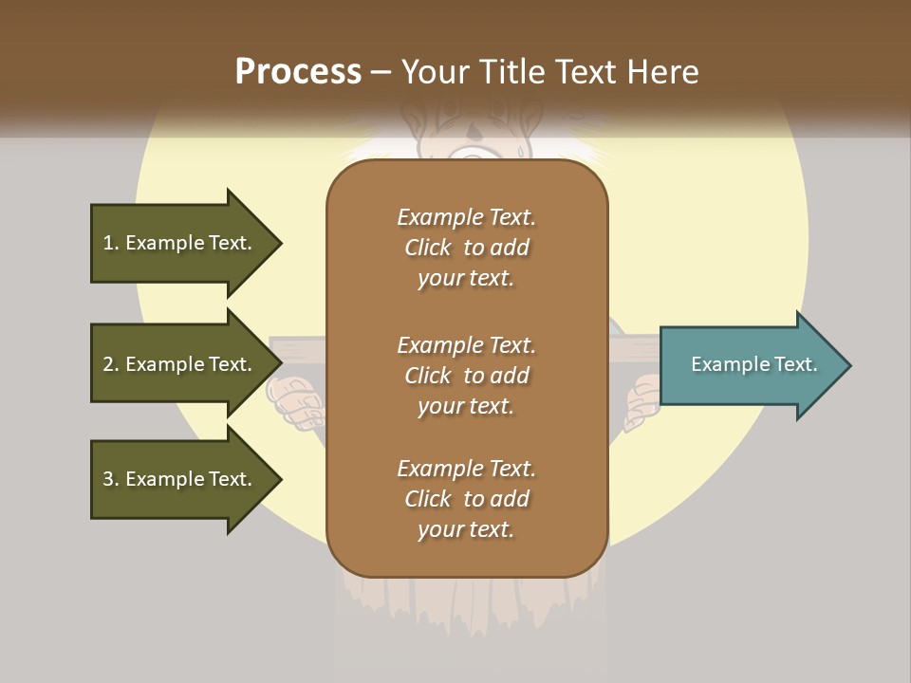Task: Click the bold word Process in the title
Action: pyautogui.click(x=298, y=72)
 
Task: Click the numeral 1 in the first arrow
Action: pyautogui.click(x=107, y=243)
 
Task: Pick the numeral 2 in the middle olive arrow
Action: pyautogui.click(x=107, y=364)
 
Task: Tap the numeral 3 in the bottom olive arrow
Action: pyautogui.click(x=107, y=479)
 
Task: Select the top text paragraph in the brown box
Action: pyautogui.click(x=466, y=248)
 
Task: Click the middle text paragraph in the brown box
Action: pyautogui.click(x=466, y=376)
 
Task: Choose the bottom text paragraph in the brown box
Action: pyautogui.click(x=466, y=499)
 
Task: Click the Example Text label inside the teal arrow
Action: pyautogui.click(x=753, y=364)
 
